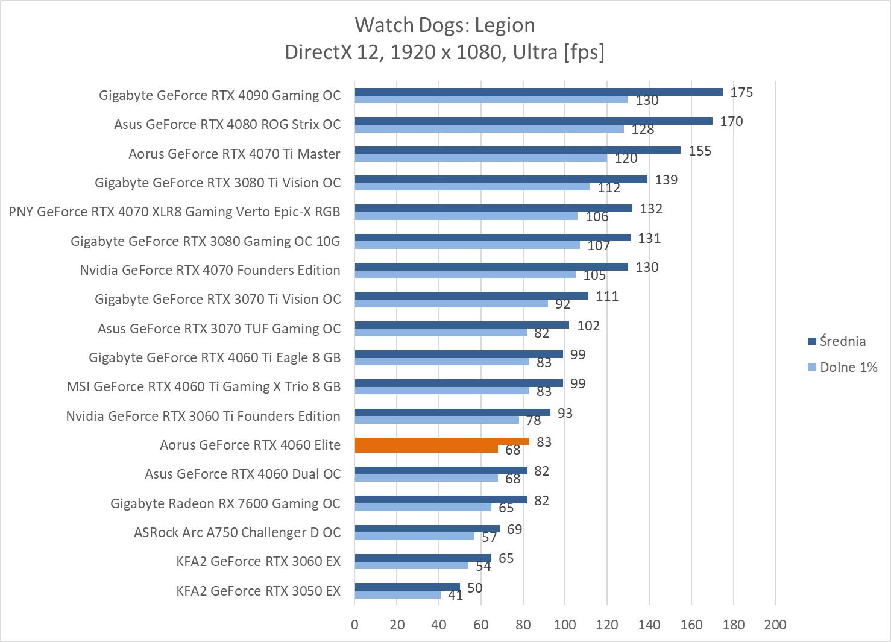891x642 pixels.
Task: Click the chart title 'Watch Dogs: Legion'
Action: pyautogui.click(x=445, y=25)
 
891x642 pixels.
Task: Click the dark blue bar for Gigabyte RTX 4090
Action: pyautogui.click(x=538, y=92)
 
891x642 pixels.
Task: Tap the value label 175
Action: pyautogui.click(x=741, y=92)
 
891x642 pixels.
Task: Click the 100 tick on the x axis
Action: pyautogui.click(x=565, y=625)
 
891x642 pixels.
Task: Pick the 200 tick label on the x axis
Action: pyautogui.click(x=775, y=625)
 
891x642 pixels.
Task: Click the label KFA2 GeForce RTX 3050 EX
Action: pyautogui.click(x=258, y=591)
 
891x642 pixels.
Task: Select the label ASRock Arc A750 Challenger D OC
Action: pyautogui.click(x=237, y=532)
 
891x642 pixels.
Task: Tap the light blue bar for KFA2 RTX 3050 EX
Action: pyautogui.click(x=397, y=595)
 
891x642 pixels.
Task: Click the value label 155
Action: pyautogui.click(x=700, y=151)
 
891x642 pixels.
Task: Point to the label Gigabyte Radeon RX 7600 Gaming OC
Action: pyautogui.click(x=225, y=503)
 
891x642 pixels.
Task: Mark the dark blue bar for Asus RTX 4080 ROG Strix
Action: pyautogui.click(x=533, y=121)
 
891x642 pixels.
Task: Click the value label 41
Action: pyautogui.click(x=455, y=596)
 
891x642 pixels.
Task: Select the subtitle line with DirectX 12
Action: pyautogui.click(x=445, y=52)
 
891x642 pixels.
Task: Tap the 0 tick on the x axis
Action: pyautogui.click(x=354, y=625)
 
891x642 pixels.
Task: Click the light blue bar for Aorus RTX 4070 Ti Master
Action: pyautogui.click(x=480, y=158)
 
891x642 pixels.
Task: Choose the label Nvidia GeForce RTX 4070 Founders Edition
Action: pyautogui.click(x=210, y=270)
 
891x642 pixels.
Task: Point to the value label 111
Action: pyautogui.click(x=607, y=296)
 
